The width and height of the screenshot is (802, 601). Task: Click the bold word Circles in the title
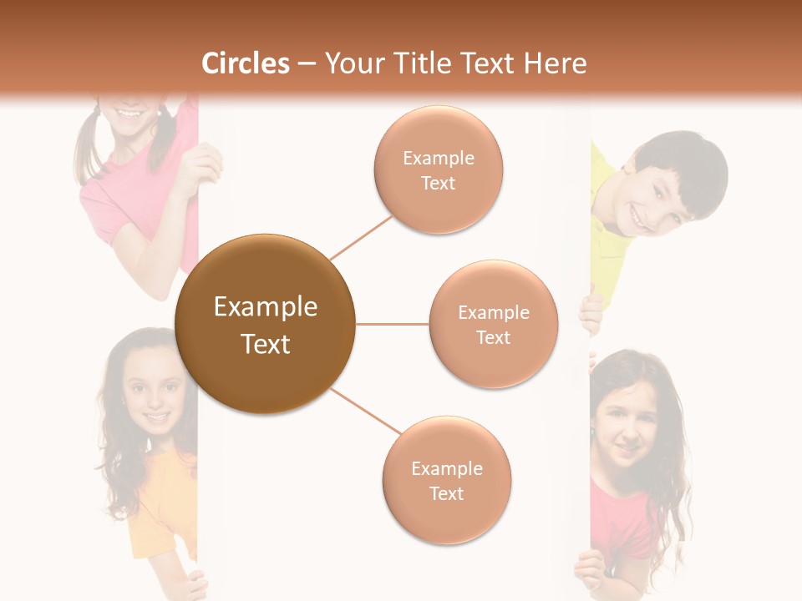pyautogui.click(x=245, y=63)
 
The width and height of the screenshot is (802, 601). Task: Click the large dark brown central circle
pyautogui.click(x=265, y=324)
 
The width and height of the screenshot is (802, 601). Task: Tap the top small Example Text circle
pyautogui.click(x=438, y=169)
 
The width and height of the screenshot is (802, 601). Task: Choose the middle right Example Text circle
pyautogui.click(x=493, y=324)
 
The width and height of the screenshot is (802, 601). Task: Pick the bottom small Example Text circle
pyautogui.click(x=446, y=480)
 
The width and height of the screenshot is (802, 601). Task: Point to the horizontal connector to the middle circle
pyautogui.click(x=392, y=324)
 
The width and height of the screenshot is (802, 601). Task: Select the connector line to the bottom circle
pyautogui.click(x=365, y=412)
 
